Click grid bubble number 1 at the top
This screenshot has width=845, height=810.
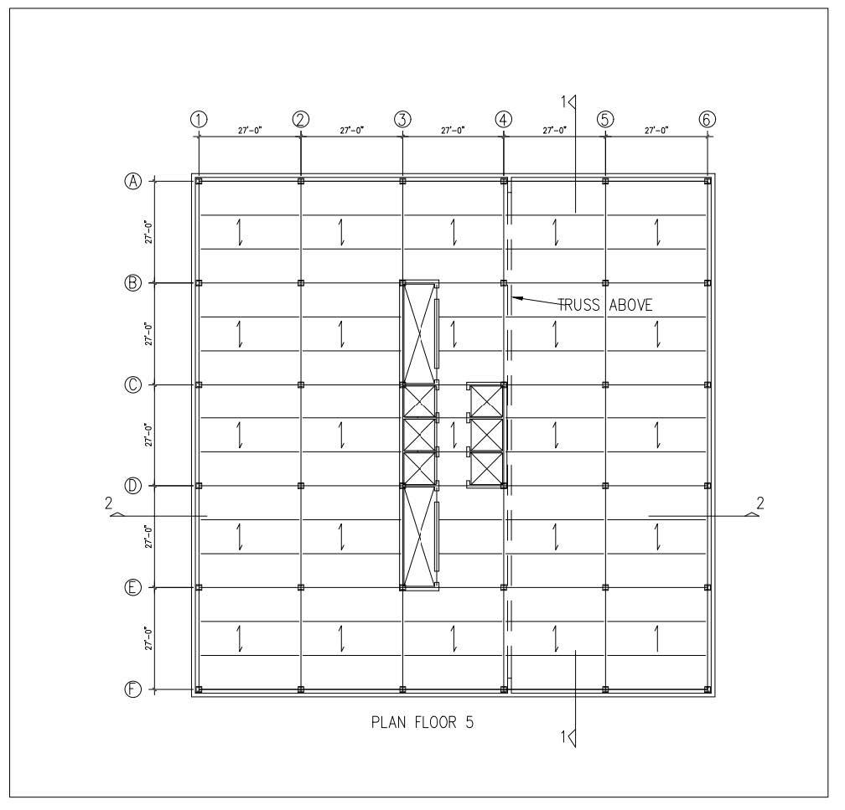[199, 119]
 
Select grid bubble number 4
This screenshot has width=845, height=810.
[503, 119]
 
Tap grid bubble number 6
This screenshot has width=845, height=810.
[707, 119]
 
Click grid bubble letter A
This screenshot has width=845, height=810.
[133, 181]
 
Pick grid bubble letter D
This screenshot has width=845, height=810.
[133, 486]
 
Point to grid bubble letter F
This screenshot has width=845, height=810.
[133, 689]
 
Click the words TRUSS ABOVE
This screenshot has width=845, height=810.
[604, 306]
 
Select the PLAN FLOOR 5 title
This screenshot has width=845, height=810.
[422, 722]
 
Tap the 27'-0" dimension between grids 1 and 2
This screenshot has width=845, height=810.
[250, 131]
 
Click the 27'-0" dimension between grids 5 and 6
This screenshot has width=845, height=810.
[656, 131]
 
